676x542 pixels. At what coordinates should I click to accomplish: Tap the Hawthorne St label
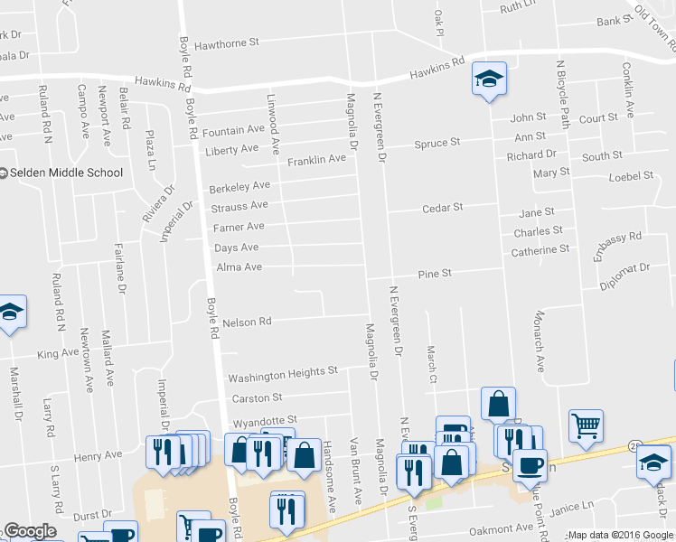pos(227,42)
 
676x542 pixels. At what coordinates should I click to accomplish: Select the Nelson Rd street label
pos(247,322)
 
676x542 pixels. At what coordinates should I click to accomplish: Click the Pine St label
pos(434,274)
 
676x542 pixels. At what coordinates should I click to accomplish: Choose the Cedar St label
pos(443,208)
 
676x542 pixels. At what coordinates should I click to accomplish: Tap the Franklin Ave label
pos(316,160)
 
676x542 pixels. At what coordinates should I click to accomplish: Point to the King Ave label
pos(58,353)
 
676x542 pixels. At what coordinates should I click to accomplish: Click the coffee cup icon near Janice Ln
pos(530,465)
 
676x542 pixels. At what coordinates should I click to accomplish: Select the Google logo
pos(30,531)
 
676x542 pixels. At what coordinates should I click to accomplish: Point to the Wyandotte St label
pos(265,421)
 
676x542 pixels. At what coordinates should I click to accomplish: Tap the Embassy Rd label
pos(618,244)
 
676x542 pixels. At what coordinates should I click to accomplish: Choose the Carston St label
pos(258,397)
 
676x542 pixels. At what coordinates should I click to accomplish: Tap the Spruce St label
pos(437,143)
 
